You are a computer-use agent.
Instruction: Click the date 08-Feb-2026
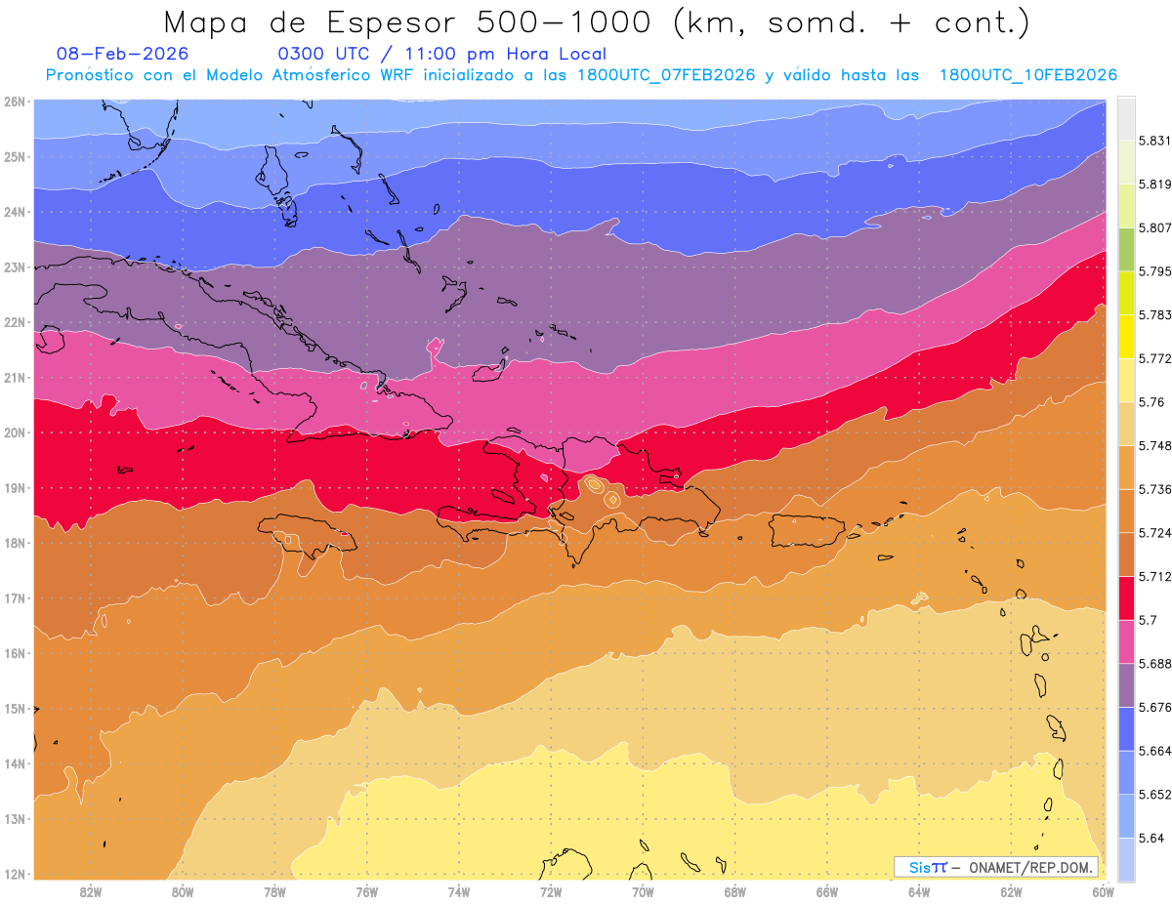click(123, 54)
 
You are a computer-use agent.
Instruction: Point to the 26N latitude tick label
click(15, 102)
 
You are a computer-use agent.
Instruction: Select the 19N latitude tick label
click(15, 488)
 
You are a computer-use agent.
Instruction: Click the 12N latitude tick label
click(15, 874)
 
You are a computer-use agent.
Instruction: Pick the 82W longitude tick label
click(91, 891)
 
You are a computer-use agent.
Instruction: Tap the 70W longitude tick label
click(643, 891)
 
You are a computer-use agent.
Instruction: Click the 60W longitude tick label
click(1104, 891)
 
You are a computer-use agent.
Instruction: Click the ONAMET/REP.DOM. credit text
click(1032, 867)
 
